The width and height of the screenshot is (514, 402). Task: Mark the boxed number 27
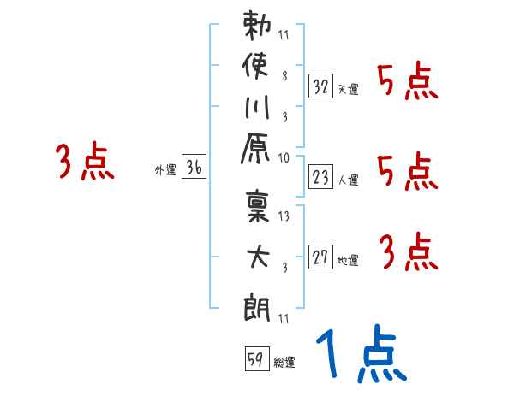pyautogui.click(x=321, y=258)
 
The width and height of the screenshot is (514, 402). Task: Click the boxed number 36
pyautogui.click(x=194, y=168)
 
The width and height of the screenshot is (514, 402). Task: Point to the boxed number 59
pyautogui.click(x=255, y=360)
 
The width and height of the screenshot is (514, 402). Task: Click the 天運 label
pyautogui.click(x=348, y=89)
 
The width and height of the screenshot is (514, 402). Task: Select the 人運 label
pyautogui.click(x=348, y=180)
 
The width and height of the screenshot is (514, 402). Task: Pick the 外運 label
pyautogui.click(x=164, y=170)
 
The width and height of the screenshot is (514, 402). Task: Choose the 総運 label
pyautogui.click(x=284, y=363)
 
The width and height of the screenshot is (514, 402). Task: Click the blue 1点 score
pyautogui.click(x=361, y=355)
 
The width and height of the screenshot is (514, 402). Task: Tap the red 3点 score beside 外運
pyautogui.click(x=85, y=162)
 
